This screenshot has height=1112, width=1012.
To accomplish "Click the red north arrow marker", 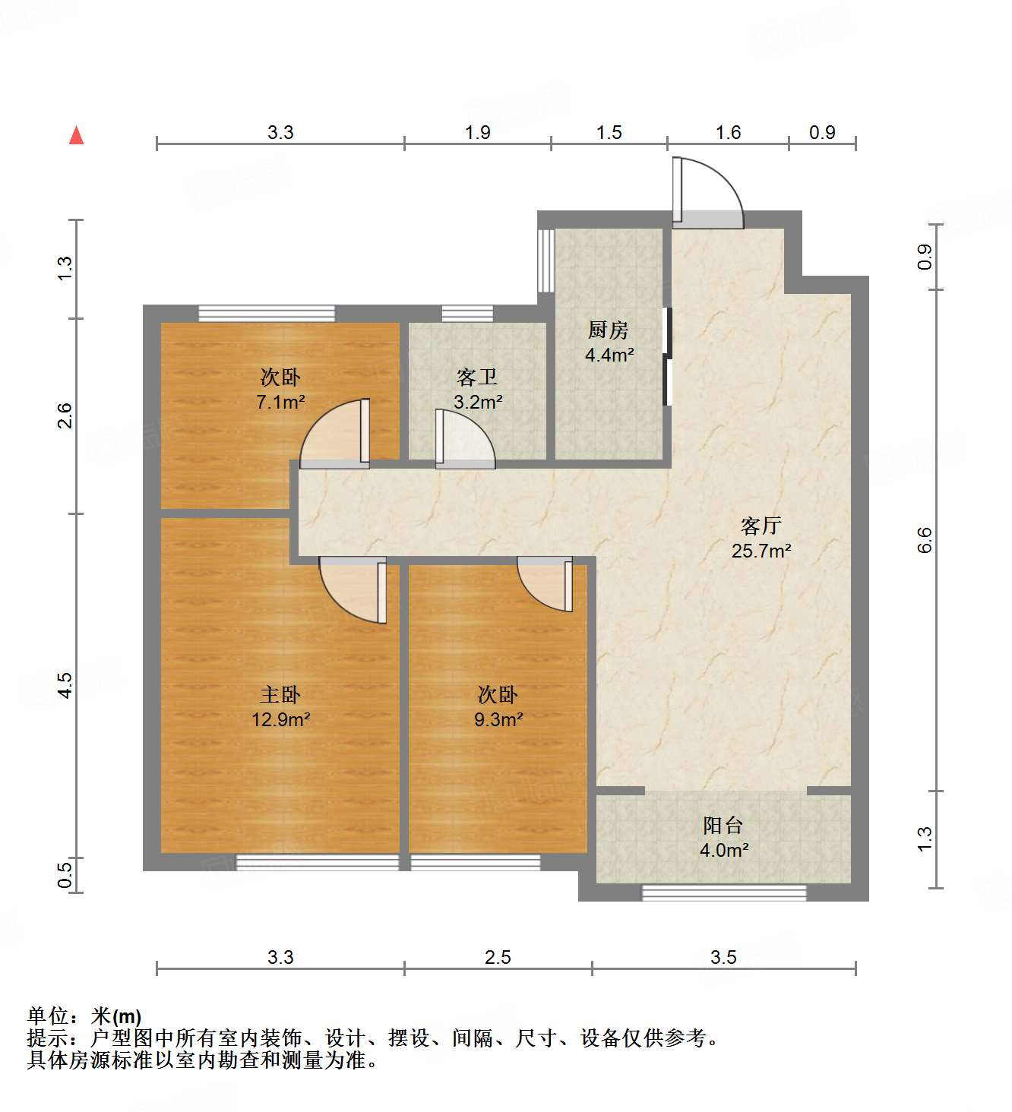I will [76, 135].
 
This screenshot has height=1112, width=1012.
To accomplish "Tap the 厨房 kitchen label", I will [609, 330].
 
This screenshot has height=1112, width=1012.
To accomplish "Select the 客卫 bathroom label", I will [477, 378].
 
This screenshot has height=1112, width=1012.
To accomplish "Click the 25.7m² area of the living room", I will [761, 551].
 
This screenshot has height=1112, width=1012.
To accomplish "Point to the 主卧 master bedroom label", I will [280, 694].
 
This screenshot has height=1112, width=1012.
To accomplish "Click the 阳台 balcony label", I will [723, 826].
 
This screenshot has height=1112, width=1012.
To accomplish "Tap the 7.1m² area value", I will [280, 402].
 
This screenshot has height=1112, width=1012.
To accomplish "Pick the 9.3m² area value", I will [498, 719].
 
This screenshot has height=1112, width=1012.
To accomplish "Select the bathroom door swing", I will [463, 439].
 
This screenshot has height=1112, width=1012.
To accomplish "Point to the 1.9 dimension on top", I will [477, 132].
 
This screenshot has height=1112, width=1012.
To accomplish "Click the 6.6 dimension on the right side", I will [925, 539].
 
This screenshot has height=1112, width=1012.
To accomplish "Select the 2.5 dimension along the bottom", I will [498, 957].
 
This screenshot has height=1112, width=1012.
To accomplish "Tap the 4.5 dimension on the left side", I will [65, 685].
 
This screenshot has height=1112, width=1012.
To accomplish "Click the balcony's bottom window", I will [724, 893].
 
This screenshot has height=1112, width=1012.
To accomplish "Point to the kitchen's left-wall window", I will [545, 260].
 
